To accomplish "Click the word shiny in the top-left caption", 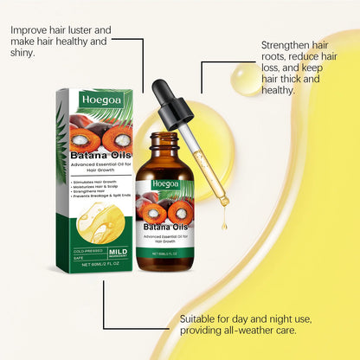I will [x=25, y=53].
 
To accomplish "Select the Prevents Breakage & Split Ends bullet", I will [x=100, y=202].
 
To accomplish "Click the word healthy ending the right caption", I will [x=282, y=90].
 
